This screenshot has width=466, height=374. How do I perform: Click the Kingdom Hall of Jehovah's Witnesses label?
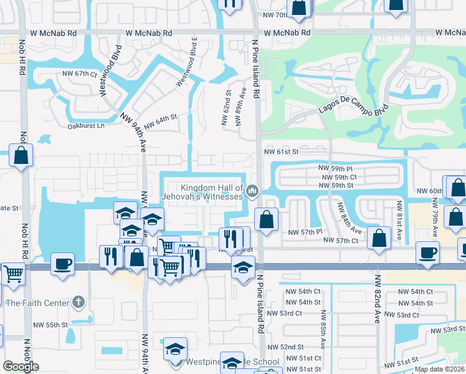[x=211, y=192]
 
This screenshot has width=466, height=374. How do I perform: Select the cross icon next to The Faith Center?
[x=77, y=303]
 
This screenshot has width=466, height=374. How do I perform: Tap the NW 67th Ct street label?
[x=80, y=74]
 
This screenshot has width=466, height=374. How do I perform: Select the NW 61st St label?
[x=282, y=151]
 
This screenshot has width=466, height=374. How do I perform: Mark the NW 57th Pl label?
[x=304, y=232]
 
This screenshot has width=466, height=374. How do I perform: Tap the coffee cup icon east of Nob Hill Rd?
[x=62, y=262]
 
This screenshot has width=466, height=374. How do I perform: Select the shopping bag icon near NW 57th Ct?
[x=378, y=237]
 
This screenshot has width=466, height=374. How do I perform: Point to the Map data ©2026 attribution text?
[x=439, y=369]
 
